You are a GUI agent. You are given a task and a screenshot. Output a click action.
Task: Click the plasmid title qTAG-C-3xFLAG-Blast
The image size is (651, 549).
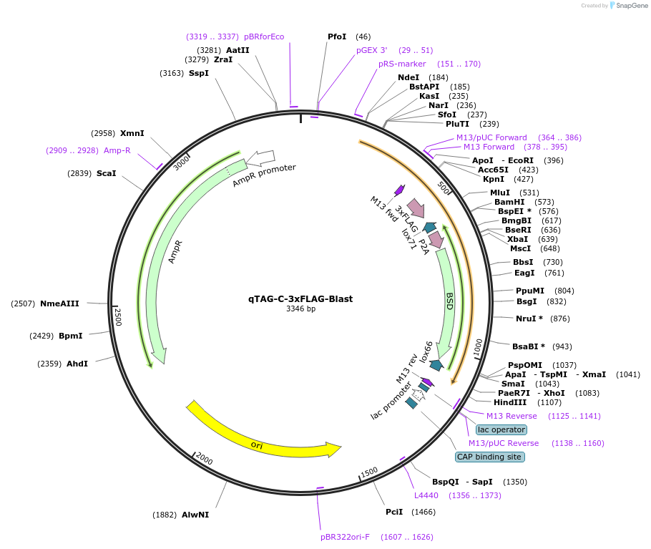coord(300,298)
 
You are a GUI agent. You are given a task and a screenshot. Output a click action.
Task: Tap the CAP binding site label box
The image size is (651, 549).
coord(490,457)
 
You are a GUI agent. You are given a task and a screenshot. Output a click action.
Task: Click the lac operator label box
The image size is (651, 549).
coord(501,429)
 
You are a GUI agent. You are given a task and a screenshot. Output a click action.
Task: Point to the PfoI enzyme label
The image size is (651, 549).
coord(337,37)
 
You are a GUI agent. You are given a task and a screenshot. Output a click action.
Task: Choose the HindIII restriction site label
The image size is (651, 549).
coord(510,402)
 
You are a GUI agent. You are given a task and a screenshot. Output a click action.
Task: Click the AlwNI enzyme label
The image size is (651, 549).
coord(195,515)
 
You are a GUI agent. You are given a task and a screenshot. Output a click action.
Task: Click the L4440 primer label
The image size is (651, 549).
coord(426,495)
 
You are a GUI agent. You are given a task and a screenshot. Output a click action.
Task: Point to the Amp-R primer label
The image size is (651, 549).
coord(117,150)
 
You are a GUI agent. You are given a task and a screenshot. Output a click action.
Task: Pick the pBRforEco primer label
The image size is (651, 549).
coord(264,37)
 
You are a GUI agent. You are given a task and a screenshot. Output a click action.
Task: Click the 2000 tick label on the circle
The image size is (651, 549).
coord(204,459)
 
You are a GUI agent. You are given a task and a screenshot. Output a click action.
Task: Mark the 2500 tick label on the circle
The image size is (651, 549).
coord(118,317)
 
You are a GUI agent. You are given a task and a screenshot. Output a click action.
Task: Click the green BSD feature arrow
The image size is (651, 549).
coord(446,301)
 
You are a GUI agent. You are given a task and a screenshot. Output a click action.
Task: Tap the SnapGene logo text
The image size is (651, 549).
coord(632,5)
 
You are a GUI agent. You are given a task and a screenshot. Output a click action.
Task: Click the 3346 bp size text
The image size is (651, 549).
coord(300,309)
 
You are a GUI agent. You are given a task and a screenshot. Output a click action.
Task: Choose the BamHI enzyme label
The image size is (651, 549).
coord(509,202)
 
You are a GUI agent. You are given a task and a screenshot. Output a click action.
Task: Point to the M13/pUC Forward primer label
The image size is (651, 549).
coord(491,137)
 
